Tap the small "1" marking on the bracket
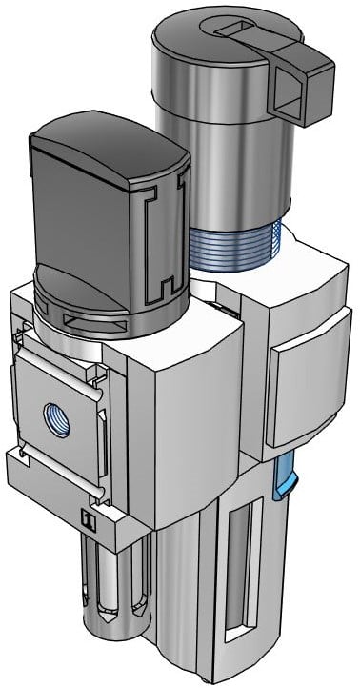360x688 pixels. (87, 519)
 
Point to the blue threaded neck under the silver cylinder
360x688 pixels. (233, 250)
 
